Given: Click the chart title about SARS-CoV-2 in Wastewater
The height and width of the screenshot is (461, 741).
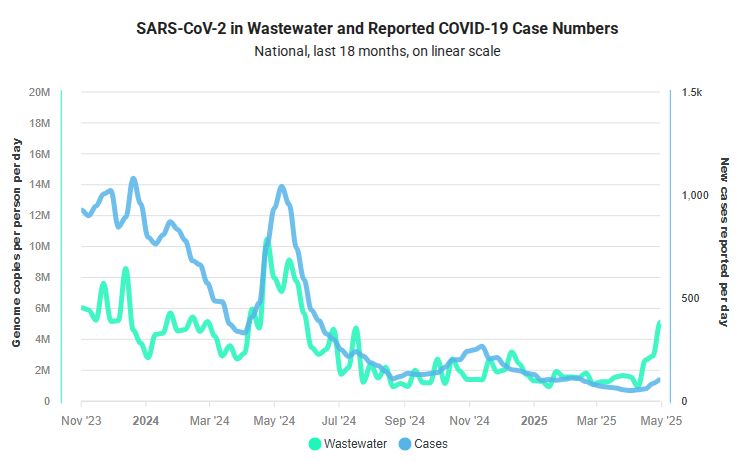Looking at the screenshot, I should point(377,29).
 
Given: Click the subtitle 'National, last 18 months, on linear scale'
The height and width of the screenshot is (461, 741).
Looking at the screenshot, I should point(377,51).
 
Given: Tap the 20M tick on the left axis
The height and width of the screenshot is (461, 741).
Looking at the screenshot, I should point(40,92).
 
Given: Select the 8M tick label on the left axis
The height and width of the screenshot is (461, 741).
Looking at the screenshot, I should point(43,278).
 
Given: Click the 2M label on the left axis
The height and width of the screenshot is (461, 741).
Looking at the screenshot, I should point(43,370).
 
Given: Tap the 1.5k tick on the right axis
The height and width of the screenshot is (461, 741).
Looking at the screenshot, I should point(692,92).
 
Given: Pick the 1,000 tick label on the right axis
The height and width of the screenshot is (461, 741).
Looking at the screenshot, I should point(694,195).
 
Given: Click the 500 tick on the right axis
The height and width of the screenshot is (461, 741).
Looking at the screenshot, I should point(689,298).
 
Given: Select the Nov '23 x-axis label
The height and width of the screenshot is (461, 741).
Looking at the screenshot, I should point(81,420).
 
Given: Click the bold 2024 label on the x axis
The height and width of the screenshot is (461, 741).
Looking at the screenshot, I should point(146,420).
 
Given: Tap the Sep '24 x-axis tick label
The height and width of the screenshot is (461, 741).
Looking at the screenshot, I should point(404,420).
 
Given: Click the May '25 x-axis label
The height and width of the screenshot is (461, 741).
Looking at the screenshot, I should point(662,420).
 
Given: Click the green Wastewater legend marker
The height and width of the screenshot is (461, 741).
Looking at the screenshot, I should point(316,443).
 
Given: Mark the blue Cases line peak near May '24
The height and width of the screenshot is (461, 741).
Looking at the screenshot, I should point(282,187).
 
